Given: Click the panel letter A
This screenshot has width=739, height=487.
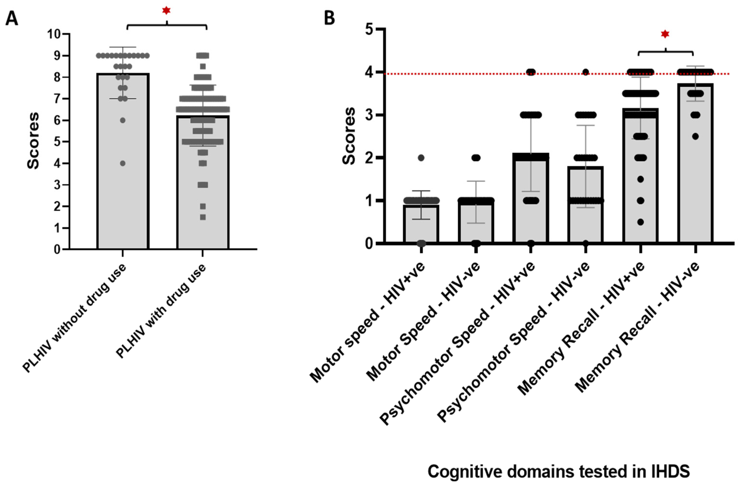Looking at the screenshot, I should pyautogui.click(x=12, y=19).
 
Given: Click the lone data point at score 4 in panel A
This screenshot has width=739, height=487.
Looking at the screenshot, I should pyautogui.click(x=123, y=163).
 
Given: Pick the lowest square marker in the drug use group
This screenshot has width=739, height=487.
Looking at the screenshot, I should pyautogui.click(x=203, y=217).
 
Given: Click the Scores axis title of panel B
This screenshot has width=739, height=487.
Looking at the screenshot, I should pyautogui.click(x=349, y=136).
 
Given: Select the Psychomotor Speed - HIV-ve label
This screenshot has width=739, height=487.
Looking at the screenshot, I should pyautogui.click(x=513, y=342).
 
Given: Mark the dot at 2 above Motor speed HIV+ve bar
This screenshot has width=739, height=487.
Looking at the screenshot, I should pyautogui.click(x=421, y=158).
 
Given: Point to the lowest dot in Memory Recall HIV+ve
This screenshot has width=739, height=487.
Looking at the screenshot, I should pyautogui.click(x=640, y=222).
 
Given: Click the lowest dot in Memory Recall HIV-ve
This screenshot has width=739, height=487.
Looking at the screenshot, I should pyautogui.click(x=695, y=136).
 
